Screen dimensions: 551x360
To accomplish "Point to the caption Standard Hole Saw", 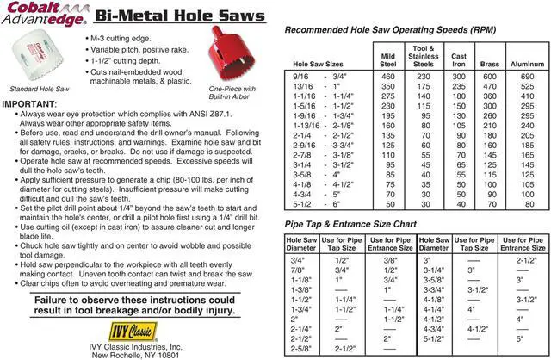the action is (38, 89).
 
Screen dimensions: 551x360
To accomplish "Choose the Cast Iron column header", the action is (459, 59).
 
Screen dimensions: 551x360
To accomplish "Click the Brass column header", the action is (490, 64).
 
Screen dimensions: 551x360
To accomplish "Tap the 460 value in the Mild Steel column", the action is (388, 77).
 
